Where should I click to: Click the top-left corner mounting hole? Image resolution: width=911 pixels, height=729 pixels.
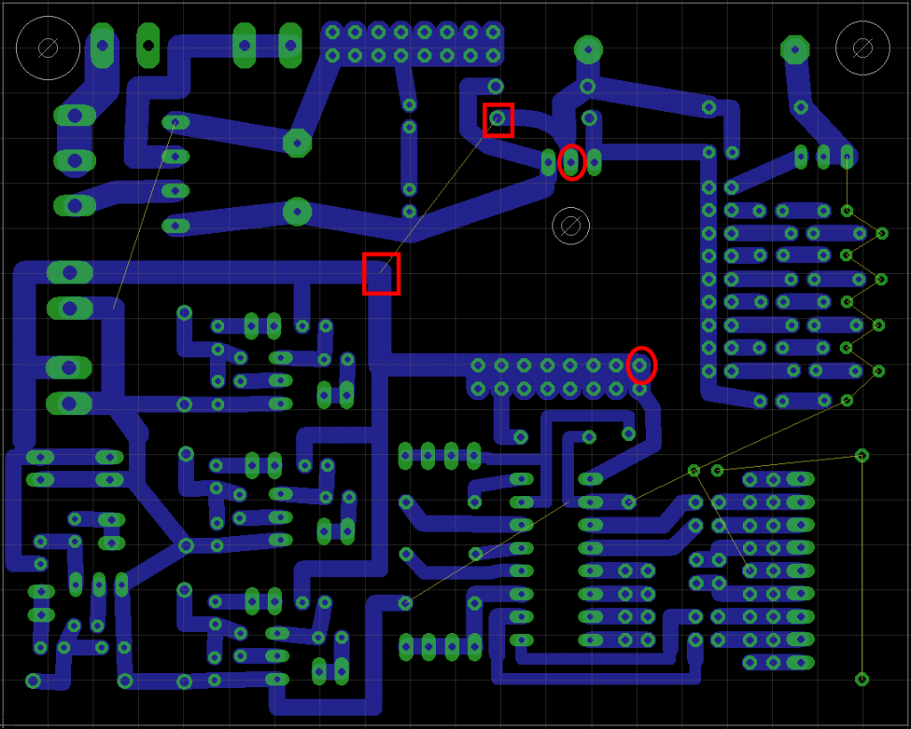click(48, 47)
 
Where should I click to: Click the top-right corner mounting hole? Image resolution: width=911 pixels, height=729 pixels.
click(862, 47)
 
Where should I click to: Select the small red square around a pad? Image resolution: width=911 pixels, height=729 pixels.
click(498, 119)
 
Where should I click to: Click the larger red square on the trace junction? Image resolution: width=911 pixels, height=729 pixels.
click(382, 273)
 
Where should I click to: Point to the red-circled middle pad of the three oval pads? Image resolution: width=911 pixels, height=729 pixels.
click(572, 162)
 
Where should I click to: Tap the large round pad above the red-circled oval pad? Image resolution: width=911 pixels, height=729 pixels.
click(587, 48)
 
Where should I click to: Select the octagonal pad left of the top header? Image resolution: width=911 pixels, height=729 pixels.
click(297, 141)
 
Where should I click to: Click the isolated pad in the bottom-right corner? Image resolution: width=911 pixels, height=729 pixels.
click(862, 679)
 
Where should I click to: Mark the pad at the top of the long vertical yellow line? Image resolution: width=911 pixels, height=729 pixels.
click(862, 455)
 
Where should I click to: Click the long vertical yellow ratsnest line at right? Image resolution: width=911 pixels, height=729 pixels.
click(862, 569)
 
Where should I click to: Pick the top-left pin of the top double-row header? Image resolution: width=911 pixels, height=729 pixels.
click(333, 33)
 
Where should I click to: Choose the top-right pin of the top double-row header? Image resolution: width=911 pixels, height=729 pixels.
click(494, 33)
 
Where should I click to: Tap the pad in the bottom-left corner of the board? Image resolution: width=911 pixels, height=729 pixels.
click(33, 682)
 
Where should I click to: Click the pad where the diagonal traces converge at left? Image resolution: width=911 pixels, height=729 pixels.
click(185, 545)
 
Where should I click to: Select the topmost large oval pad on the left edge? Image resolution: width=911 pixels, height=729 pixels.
click(75, 116)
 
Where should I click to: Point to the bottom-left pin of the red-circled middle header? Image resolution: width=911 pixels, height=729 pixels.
click(479, 389)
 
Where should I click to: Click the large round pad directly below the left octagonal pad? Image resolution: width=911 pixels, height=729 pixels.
click(297, 212)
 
